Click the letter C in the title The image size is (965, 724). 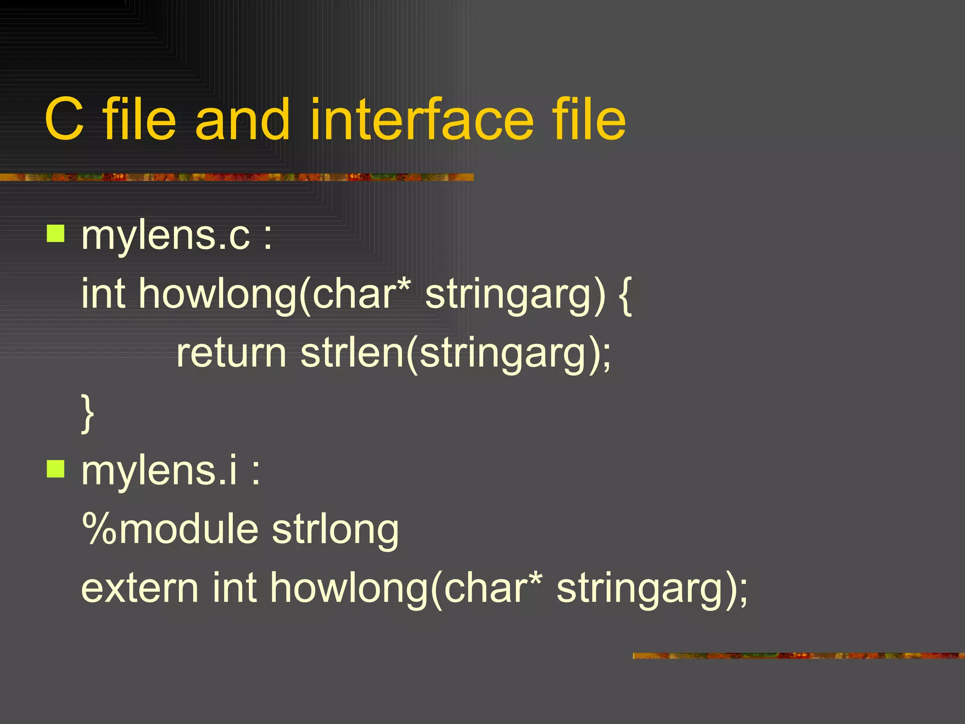[65, 120]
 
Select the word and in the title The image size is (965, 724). [242, 120]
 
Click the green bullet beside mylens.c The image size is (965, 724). [56, 233]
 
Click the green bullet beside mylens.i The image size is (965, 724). [56, 469]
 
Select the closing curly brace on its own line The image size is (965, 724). [88, 413]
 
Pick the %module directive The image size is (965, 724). [170, 529]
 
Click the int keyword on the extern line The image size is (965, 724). [235, 588]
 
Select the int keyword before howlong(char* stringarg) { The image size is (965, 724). [103, 294]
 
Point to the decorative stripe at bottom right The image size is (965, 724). [798, 656]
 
